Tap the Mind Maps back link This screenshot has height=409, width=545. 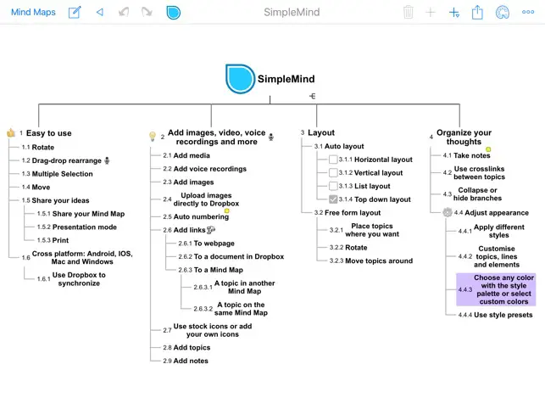[x=33, y=12]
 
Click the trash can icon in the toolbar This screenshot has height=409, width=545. [x=408, y=12]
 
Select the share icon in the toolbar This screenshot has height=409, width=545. [x=477, y=12]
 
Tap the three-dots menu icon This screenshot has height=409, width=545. [x=528, y=12]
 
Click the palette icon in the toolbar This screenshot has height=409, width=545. [x=503, y=13]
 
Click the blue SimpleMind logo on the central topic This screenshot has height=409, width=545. [x=240, y=79]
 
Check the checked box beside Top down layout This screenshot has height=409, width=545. [x=333, y=199]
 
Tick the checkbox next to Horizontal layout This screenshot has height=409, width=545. [x=333, y=160]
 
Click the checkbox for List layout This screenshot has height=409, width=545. [x=333, y=186]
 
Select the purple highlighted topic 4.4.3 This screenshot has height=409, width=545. [x=496, y=289]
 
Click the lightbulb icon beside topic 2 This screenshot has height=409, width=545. [x=153, y=136]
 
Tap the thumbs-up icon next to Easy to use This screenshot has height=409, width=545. [x=11, y=132]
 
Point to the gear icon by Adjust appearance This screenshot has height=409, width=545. [x=448, y=212]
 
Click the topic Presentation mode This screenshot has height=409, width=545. [x=85, y=227]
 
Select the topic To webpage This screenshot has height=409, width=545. [x=214, y=244]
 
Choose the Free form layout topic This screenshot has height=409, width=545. [x=353, y=213]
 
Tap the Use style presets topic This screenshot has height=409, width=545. [x=503, y=315]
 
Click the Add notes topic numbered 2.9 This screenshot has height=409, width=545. [x=191, y=361]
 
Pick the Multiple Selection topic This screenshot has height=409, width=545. [x=62, y=174]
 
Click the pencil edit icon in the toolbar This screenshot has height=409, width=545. [x=75, y=12]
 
